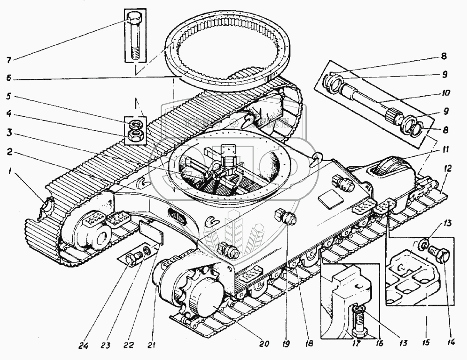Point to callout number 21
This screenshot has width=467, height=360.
(150, 345)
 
